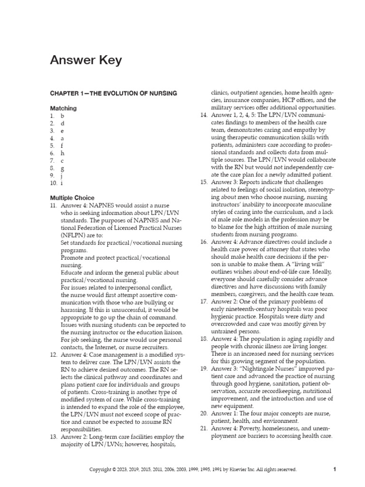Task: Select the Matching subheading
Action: [x=63, y=108]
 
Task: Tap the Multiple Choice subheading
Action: [x=72, y=198]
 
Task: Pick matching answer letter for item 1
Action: [x=62, y=116]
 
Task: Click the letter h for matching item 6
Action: [x=62, y=154]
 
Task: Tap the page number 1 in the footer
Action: [x=335, y=469]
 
